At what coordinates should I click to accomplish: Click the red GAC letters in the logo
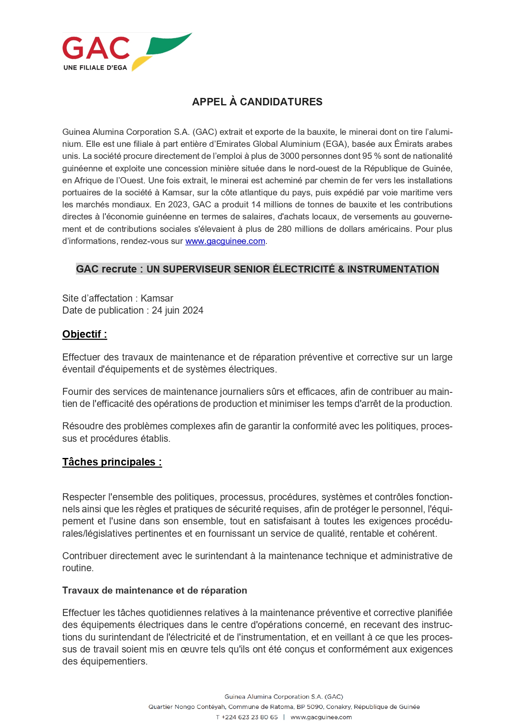coord(96,48)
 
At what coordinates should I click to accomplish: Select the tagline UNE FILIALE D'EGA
coord(95,68)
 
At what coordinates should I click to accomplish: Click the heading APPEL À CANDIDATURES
coord(257,102)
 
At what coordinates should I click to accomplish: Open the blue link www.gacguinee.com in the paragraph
coord(225,241)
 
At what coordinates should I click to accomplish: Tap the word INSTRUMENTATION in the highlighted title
coord(393,269)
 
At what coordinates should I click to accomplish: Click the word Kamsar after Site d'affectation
coord(157,299)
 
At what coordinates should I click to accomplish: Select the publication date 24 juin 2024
coord(178,311)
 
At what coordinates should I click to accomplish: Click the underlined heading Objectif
coord(85,334)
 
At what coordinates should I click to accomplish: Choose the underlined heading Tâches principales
coord(112,462)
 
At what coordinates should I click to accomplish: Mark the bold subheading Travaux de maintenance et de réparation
coord(154,591)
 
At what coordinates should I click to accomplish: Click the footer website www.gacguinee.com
coord(321,717)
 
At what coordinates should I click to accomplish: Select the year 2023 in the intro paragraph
coord(179,205)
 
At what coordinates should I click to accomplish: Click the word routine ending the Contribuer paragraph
coord(77,568)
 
